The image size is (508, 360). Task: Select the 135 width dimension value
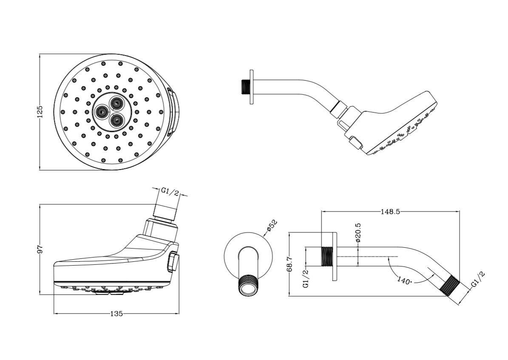pyautogui.click(x=116, y=314)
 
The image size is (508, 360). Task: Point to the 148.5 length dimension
pyautogui.click(x=390, y=211)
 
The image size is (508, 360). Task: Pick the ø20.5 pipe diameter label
pyautogui.click(x=358, y=232)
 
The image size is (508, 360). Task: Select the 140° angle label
pyautogui.click(x=405, y=281)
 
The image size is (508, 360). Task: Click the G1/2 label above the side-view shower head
pyautogui.click(x=170, y=192)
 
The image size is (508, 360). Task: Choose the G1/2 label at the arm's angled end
pyautogui.click(x=478, y=281)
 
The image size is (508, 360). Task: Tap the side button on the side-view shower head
pyautogui.click(x=173, y=261)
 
